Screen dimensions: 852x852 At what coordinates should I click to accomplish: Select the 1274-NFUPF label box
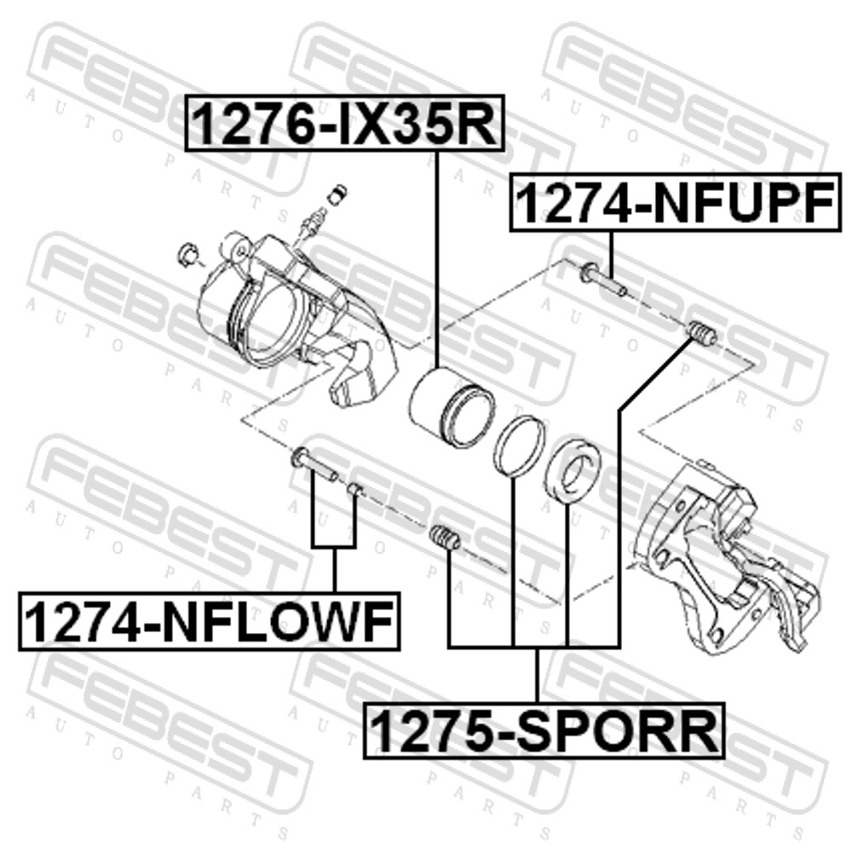pos(676,203)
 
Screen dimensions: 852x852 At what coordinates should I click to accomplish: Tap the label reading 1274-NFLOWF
pos(210,622)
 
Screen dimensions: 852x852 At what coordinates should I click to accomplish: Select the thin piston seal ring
pos(520,446)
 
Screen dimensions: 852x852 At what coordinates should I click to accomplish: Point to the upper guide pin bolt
pos(602,279)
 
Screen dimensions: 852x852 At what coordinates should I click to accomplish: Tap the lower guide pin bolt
pos(315,463)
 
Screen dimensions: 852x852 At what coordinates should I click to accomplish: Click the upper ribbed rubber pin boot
pos(702,334)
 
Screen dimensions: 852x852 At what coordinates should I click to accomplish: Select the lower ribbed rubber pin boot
pos(445,538)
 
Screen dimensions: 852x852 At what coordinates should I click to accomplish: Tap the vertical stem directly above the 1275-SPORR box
pos(537,675)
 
